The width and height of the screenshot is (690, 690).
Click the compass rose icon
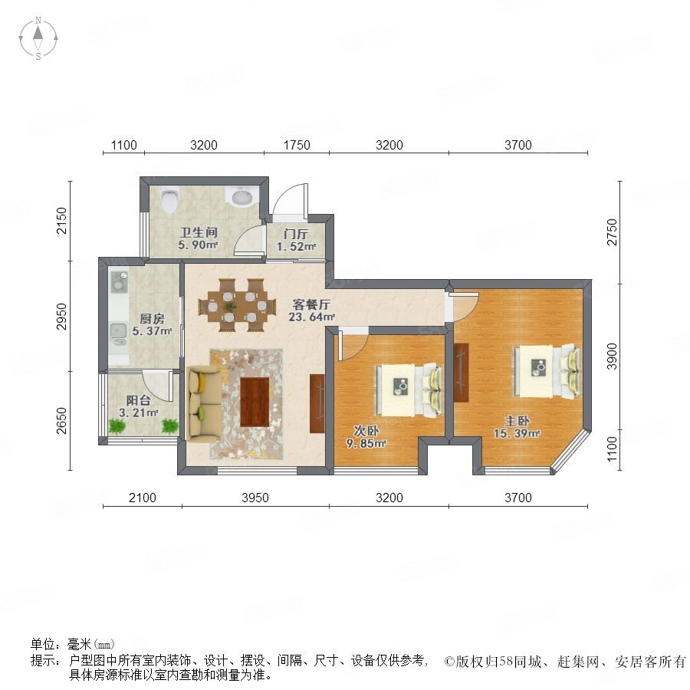coord(38,38)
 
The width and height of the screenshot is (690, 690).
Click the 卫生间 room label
coord(199,232)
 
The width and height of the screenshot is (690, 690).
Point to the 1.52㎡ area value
coord(296,246)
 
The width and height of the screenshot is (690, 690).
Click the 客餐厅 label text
coord(311,304)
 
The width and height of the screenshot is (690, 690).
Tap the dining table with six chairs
coord(237,305)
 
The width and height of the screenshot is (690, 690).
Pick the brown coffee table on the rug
coord(255,402)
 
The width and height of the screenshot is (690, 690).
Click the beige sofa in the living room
coord(203,403)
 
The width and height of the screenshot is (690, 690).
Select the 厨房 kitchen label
coord(152,318)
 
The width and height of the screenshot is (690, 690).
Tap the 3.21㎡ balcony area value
coord(138,412)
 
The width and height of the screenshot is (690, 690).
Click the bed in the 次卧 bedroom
coord(409,390)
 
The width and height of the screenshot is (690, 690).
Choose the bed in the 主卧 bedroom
coord(547,371)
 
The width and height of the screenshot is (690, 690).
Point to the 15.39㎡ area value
coord(516,433)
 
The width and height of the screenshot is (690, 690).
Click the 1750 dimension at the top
coord(297,145)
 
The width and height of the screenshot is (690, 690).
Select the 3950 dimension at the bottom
coord(255,498)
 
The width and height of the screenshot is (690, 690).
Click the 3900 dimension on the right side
coord(612,356)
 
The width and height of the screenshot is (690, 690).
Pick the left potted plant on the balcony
coord(117,426)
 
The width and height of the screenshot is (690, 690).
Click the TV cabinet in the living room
coord(317,403)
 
